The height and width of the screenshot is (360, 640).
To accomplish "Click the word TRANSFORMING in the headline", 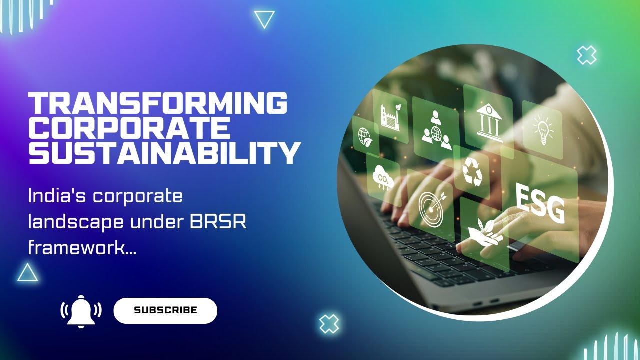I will coord(158,103).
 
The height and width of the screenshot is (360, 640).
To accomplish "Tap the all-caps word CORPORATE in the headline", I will coord(129,128).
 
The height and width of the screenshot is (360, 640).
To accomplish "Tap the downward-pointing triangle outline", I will coord(264,20).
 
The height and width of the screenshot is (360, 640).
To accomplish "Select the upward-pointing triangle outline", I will coord(28,272).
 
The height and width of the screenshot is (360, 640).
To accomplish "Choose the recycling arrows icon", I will coord(471,171).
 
